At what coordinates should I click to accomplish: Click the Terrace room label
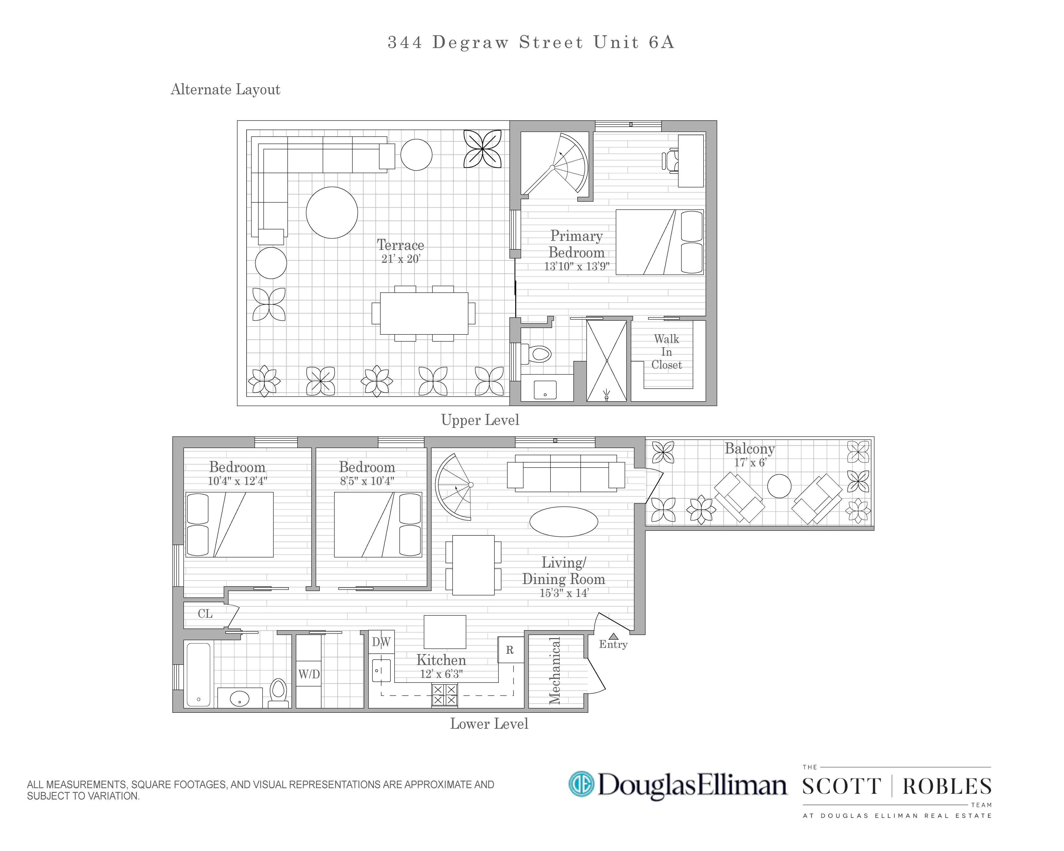(400, 245)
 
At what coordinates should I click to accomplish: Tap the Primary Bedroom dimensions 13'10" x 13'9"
(576, 267)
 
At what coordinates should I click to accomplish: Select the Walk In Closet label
(666, 352)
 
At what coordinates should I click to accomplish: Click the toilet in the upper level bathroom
(538, 353)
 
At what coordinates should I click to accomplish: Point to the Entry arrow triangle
(613, 636)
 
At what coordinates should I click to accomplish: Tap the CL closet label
(205, 614)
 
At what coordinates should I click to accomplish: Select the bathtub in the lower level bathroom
(198, 674)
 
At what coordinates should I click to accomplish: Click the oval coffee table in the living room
(564, 522)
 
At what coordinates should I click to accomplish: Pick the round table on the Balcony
(779, 486)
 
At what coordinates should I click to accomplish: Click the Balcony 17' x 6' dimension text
(750, 463)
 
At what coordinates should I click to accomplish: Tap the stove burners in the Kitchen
(445, 695)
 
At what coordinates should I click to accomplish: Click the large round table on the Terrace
(332, 212)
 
